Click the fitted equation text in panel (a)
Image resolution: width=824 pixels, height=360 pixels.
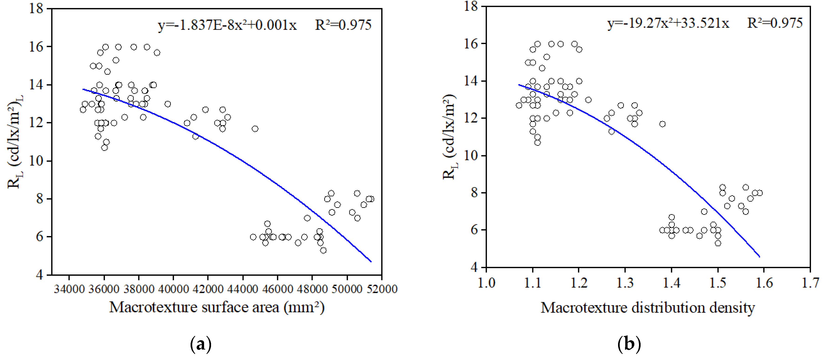pos(227,25)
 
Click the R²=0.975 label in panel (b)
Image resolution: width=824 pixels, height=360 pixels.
pos(775,23)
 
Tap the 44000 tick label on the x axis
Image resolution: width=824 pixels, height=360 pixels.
pos(242,289)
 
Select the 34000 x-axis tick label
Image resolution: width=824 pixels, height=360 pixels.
pos(69,289)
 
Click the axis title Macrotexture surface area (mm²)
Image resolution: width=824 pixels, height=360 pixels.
pos(217,307)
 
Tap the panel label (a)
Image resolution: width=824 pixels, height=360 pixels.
pos(201,344)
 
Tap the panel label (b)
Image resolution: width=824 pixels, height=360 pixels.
pos(629,344)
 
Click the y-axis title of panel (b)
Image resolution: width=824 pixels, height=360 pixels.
pos(450,137)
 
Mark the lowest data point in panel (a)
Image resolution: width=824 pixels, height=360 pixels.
pos(323,250)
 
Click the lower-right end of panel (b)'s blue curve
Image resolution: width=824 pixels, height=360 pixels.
pos(759,256)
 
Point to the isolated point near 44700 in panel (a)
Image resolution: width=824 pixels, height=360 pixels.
pos(255,129)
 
